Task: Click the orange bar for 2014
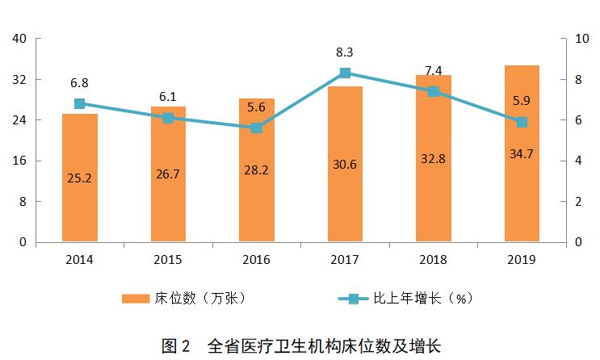(80, 178)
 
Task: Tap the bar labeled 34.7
(522, 153)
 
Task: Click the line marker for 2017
(345, 73)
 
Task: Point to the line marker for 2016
(257, 128)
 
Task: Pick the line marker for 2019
(522, 122)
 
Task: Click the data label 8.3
(345, 52)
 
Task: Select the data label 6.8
(80, 82)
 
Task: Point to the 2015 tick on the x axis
(168, 260)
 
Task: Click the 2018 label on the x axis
(434, 260)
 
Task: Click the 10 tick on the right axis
(577, 39)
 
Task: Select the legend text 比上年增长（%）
(422, 298)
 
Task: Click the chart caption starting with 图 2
(300, 346)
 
